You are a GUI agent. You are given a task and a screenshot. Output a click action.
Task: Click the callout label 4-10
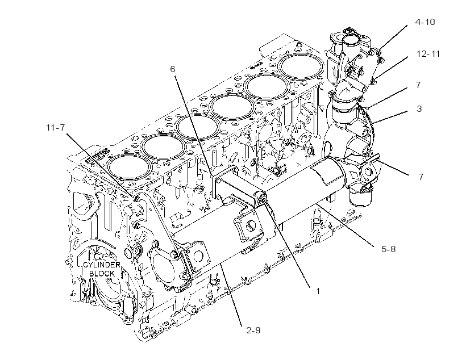425,22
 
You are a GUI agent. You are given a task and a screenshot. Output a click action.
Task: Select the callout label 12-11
428,54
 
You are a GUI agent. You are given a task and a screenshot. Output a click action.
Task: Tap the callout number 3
419,108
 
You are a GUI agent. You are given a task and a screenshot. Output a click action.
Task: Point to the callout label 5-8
389,249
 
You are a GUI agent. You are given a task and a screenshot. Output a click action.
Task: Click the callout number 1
318,291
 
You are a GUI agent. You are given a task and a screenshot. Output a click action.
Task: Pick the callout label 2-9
253,330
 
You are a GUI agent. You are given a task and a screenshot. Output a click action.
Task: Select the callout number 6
173,69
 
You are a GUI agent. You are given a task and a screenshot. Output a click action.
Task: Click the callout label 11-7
56,127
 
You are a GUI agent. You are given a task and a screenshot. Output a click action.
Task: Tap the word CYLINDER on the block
101,265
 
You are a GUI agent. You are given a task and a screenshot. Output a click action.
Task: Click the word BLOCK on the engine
102,274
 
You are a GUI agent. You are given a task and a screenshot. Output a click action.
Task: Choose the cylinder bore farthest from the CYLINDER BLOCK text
302,66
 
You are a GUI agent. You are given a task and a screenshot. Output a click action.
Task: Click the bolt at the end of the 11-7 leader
137,197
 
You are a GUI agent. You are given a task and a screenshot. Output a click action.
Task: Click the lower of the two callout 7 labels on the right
421,177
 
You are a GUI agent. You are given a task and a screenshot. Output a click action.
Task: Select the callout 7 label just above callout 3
418,85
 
